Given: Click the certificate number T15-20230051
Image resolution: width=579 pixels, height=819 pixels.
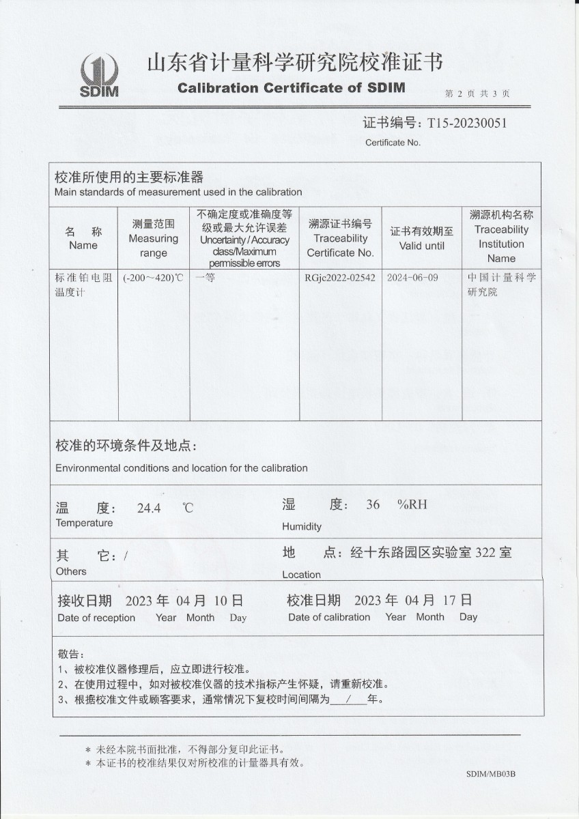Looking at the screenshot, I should [x=467, y=124].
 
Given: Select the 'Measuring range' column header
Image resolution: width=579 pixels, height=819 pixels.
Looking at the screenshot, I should [x=154, y=238].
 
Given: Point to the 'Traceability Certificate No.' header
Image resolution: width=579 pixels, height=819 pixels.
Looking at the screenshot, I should [x=340, y=238].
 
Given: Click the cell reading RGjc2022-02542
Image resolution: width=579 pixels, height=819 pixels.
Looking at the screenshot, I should [x=340, y=278].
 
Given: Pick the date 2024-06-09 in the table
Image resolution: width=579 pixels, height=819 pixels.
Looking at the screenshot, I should [x=412, y=278].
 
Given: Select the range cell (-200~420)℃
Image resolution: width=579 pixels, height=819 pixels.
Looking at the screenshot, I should [x=154, y=278].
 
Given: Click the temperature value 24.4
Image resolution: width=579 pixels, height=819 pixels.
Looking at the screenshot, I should [x=149, y=508].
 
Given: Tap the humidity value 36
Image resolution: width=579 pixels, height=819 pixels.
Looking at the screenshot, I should [x=373, y=505].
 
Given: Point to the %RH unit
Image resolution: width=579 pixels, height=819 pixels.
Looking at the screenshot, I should [x=412, y=505].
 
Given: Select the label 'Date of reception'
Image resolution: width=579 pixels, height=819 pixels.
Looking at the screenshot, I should [x=96, y=618].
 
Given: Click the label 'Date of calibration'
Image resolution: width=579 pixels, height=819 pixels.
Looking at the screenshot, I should [x=329, y=617].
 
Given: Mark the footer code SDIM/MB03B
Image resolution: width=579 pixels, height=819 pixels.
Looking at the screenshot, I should [x=490, y=774].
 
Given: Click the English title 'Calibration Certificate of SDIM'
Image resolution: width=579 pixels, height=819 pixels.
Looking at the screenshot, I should [x=292, y=87].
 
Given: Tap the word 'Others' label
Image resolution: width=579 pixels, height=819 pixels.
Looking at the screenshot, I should [x=71, y=571].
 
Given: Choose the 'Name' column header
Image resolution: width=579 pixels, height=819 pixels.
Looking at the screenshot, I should [x=83, y=245].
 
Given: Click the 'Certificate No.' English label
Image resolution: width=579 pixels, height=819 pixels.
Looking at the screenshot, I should [x=393, y=143].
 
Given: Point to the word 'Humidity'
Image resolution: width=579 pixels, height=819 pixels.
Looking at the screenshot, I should [x=302, y=527].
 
